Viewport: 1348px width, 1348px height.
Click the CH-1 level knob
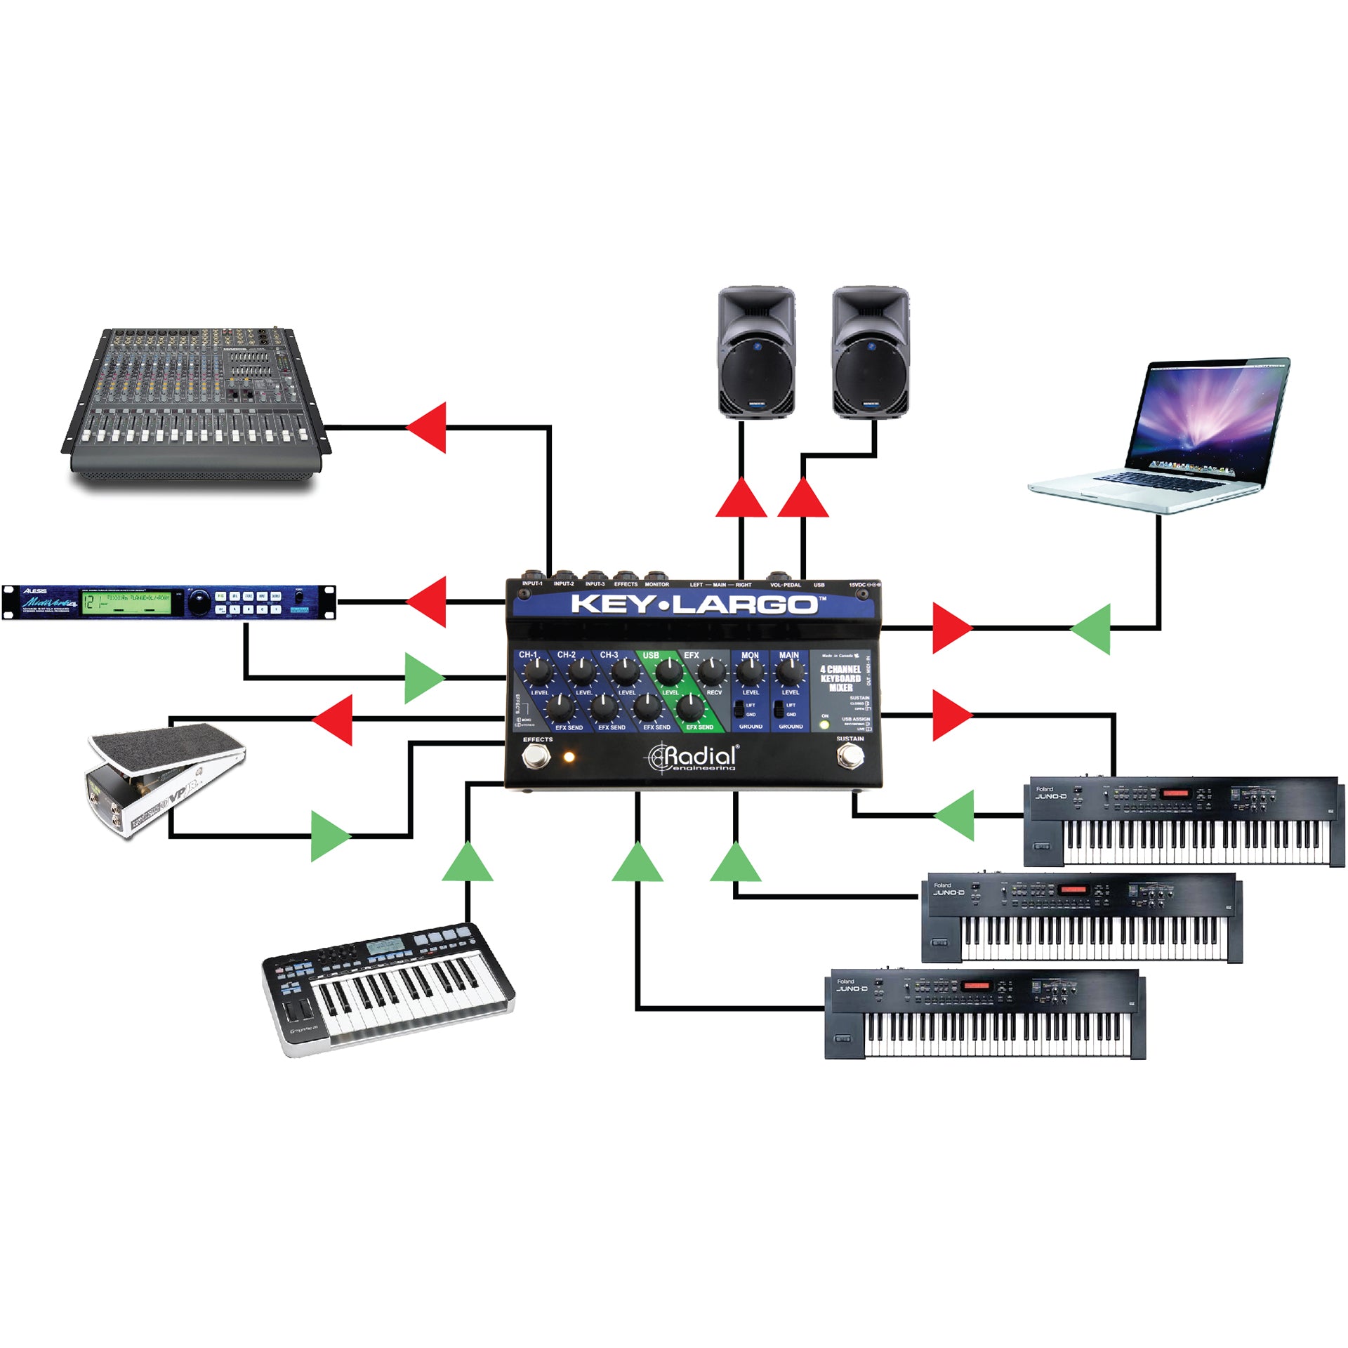click(x=537, y=674)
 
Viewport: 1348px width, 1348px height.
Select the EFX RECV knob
click(x=712, y=673)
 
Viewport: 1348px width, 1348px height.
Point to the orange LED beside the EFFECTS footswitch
click(x=569, y=757)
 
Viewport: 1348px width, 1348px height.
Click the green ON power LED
click(x=824, y=725)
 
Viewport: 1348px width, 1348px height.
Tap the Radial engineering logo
click(x=693, y=757)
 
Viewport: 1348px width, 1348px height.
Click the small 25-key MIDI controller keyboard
click(x=388, y=990)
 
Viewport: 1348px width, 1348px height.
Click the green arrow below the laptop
click(x=1092, y=628)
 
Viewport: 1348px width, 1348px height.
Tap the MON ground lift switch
click(x=739, y=709)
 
